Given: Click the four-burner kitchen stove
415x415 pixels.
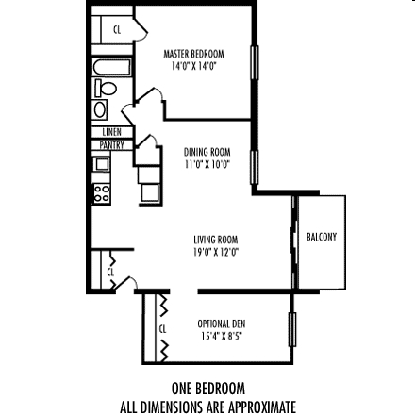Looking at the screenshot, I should coord(102,196).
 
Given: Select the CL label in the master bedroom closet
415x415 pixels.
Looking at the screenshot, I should coord(117,30).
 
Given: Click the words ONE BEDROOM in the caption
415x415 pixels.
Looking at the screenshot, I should coord(207,389).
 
